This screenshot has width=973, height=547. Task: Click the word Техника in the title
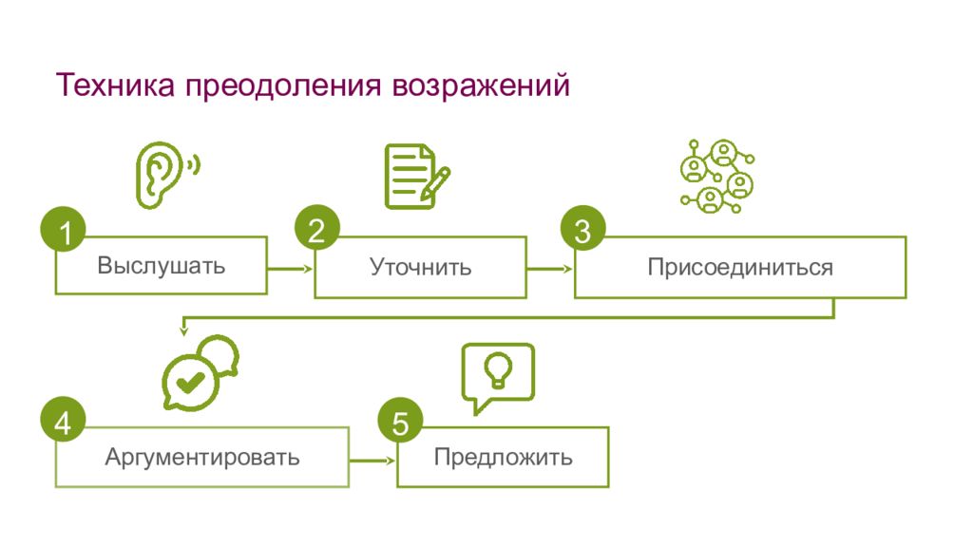click(115, 85)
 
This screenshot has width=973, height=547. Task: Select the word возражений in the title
click(481, 85)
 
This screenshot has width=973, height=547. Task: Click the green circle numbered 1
click(64, 229)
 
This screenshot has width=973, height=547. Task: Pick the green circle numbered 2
click(317, 228)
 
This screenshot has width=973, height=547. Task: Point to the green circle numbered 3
click(582, 228)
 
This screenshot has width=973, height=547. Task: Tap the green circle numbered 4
click(63, 419)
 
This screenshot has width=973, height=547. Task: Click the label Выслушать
click(162, 266)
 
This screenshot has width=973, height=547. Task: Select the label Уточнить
click(421, 267)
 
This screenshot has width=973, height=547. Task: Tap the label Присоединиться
click(740, 267)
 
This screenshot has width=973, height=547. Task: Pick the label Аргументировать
click(202, 458)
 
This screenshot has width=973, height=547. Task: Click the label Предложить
click(504, 458)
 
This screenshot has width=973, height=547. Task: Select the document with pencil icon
click(417, 176)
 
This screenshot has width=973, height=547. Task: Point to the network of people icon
click(717, 176)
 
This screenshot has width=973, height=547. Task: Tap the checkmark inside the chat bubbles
click(190, 382)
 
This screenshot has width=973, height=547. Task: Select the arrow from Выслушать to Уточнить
click(290, 269)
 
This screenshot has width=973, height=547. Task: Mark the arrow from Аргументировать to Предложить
click(372, 461)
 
